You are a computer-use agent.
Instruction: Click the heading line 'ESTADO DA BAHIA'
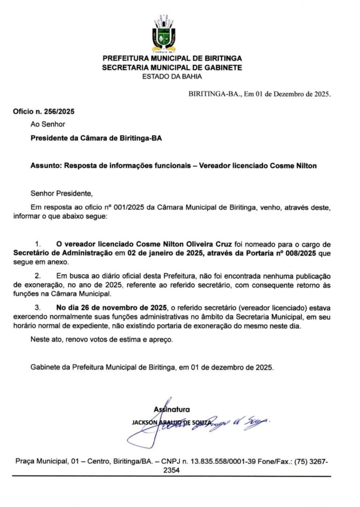(172, 76)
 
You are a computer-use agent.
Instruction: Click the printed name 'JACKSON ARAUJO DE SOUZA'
(171, 421)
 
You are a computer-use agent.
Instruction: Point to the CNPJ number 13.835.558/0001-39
(219, 461)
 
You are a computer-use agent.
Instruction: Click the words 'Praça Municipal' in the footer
(39, 461)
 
